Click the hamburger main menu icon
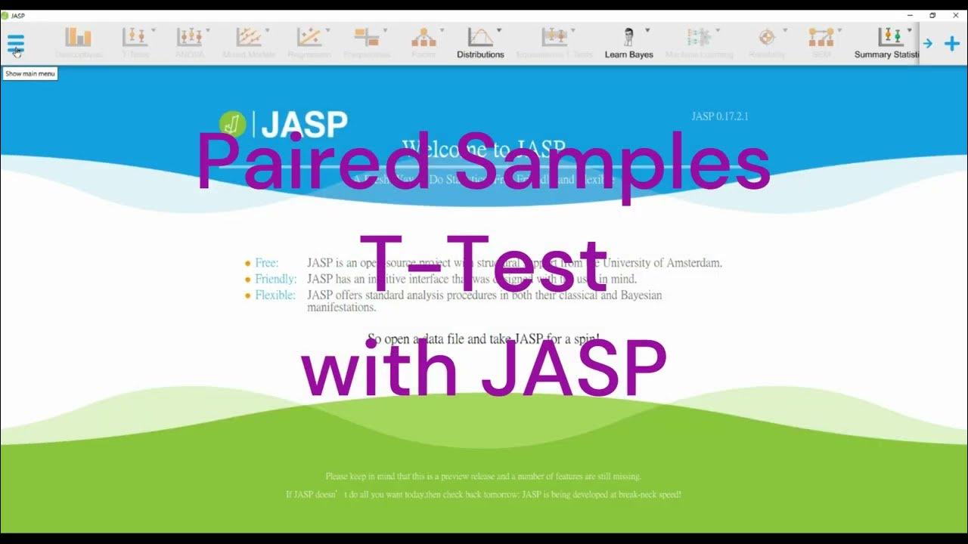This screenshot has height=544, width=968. [16, 43]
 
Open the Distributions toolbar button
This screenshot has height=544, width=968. [480, 42]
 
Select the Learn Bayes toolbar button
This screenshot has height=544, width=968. [628, 42]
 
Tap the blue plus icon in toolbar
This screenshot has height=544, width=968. [952, 44]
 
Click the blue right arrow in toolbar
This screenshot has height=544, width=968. [928, 44]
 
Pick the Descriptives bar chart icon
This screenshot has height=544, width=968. [78, 37]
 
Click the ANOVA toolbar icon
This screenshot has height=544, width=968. [189, 37]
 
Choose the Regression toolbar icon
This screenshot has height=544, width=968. [309, 37]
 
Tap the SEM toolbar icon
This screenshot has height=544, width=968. [821, 37]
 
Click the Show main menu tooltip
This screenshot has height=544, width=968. [30, 73]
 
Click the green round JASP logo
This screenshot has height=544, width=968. [232, 124]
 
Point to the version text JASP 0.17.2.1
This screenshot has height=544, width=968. [719, 116]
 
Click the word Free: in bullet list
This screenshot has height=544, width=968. [266, 263]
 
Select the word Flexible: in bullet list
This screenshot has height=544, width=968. [275, 295]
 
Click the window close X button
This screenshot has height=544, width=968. [955, 15]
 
